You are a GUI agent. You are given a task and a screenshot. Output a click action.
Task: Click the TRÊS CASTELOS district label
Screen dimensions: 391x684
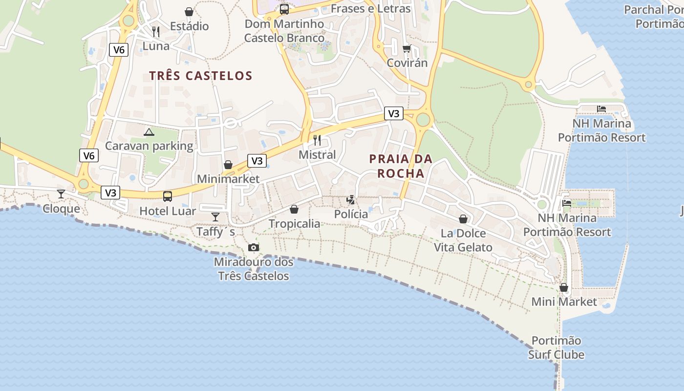coord(200,76)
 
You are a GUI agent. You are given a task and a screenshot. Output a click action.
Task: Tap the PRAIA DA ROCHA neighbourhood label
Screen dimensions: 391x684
coord(401,166)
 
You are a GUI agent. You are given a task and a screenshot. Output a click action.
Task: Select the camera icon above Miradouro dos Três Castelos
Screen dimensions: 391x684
coord(253,247)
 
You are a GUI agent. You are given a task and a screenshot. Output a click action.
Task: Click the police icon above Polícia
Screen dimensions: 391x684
coord(350,199)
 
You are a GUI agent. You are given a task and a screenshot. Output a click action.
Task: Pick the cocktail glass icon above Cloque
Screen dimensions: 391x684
coord(61,194)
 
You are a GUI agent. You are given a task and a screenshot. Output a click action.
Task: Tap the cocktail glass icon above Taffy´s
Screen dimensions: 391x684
coord(215,217)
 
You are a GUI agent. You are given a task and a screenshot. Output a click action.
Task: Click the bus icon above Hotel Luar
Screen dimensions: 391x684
coord(168,196)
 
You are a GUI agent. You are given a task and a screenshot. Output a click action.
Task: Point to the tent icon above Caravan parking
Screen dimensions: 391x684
coord(149,131)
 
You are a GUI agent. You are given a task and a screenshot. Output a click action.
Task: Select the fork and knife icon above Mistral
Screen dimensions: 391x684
coord(317,140)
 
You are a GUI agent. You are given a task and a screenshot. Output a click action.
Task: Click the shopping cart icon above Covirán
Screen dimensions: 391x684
coord(406,48)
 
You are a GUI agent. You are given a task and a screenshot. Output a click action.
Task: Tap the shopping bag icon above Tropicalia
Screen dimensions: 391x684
coord(294,209)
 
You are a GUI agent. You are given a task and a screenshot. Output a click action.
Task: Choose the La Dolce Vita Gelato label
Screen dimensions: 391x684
coord(463,240)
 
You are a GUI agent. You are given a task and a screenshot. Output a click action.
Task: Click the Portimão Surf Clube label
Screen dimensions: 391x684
coord(556,348)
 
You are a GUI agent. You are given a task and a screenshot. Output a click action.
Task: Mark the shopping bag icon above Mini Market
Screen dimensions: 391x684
coord(564,287)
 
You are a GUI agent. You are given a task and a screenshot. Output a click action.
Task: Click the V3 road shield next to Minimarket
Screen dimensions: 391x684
coord(257,160)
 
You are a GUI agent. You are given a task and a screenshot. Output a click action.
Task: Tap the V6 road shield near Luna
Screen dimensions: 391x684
coord(119,49)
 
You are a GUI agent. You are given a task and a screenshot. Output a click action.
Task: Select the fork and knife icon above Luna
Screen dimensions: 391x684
coord(156,32)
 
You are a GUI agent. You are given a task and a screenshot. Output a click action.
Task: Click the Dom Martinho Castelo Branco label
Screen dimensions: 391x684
coord(284,31)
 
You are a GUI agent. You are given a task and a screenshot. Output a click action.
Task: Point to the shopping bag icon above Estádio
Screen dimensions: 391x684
coord(189,11)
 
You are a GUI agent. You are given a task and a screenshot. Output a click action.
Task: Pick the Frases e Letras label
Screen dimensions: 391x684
coord(370,9)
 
